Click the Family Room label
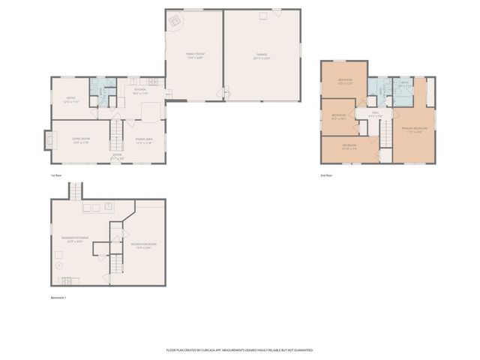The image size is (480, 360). tap(195, 55)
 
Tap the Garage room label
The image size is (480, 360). tap(261, 55)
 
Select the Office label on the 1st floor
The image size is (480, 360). tap(71, 100)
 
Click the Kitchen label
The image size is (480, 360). tap(140, 91)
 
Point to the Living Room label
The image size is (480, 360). tap(81, 140)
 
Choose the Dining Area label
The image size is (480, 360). tap(144, 140)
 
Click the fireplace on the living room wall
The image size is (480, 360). tap(49, 141)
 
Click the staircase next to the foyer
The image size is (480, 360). tap(116, 136)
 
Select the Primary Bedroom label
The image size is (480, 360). tap(413, 130)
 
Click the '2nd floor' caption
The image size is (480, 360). tap(326, 175)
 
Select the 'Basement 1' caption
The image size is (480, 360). tap(59, 298)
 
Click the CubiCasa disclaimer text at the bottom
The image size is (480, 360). tap(239, 349)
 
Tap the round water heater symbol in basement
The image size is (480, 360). tap(58, 265)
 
